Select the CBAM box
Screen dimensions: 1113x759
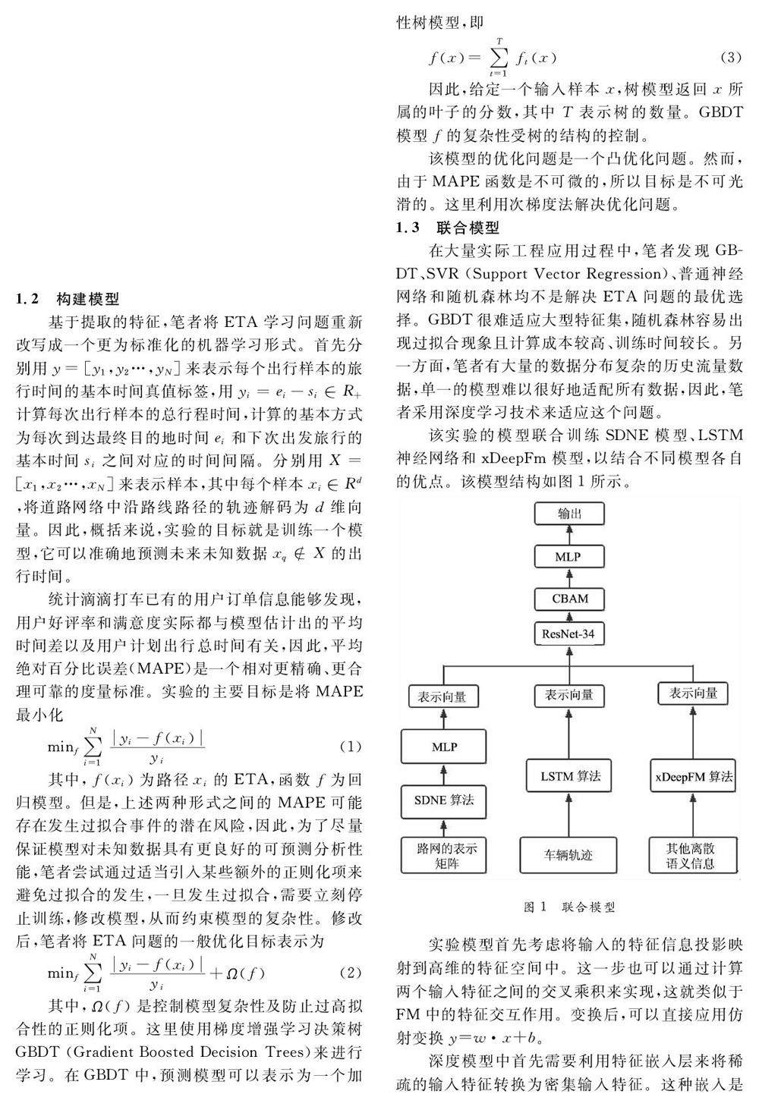coord(570,599)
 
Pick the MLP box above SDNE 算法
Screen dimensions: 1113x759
coord(444,747)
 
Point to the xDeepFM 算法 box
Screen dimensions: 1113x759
coord(694,776)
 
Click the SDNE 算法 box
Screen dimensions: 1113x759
coord(444,800)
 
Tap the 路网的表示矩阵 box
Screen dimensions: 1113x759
coord(444,855)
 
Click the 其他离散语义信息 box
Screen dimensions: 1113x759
coord(694,855)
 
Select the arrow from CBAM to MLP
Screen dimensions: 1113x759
coord(570,578)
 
